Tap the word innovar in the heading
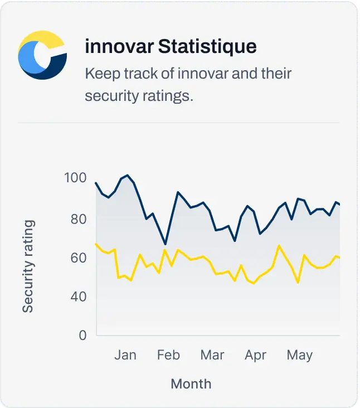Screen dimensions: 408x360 click(x=119, y=47)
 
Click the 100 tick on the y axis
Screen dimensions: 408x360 click(x=75, y=178)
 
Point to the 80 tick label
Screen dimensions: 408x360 click(x=79, y=218)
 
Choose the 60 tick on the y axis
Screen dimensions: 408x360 click(x=79, y=258)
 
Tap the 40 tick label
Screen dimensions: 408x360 click(x=79, y=296)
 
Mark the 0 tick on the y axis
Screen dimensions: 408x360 click(x=82, y=335)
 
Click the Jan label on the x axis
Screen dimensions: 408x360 click(x=125, y=355)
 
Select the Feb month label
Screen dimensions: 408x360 click(x=168, y=355)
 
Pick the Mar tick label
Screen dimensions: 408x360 click(x=212, y=355)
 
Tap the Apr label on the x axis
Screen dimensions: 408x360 click(x=256, y=355)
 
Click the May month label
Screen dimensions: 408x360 click(x=299, y=355)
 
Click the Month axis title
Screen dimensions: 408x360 click(x=191, y=383)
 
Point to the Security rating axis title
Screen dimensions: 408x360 click(x=28, y=266)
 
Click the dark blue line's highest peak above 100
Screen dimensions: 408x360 click(x=128, y=175)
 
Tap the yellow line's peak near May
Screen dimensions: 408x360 click(x=279, y=245)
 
